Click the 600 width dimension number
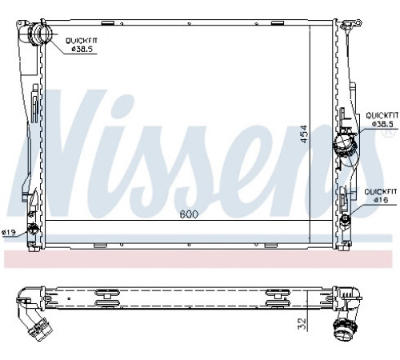tap(189, 214)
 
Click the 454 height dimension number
tap(304, 134)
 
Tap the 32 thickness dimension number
tap(302, 323)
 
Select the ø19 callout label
tap(8, 233)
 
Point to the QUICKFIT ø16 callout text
tap(381, 196)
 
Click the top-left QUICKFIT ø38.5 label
tap(82, 45)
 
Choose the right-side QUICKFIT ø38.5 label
tap(382, 119)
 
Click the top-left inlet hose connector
tap(38, 34)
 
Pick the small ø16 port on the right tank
tap(346, 219)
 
